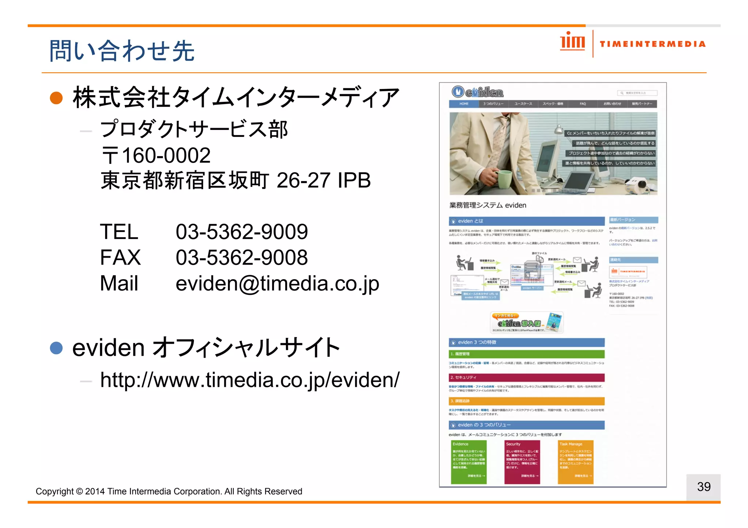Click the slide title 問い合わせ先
click(122, 51)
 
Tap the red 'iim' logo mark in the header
click(572, 41)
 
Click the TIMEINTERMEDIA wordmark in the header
click(652, 44)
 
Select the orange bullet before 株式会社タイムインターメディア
click(56, 98)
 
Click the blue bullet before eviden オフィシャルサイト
click(56, 348)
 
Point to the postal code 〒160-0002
click(156, 155)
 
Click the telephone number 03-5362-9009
click(241, 232)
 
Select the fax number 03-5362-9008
click(241, 258)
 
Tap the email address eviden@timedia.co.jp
click(277, 284)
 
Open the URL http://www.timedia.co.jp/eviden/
click(250, 380)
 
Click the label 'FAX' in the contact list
click(120, 258)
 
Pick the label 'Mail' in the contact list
click(119, 284)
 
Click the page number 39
click(703, 487)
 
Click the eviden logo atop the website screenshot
click(477, 92)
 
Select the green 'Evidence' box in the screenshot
click(469, 462)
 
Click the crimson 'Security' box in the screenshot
click(522, 462)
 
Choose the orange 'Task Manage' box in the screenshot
click(575, 462)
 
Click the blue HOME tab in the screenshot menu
click(464, 104)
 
